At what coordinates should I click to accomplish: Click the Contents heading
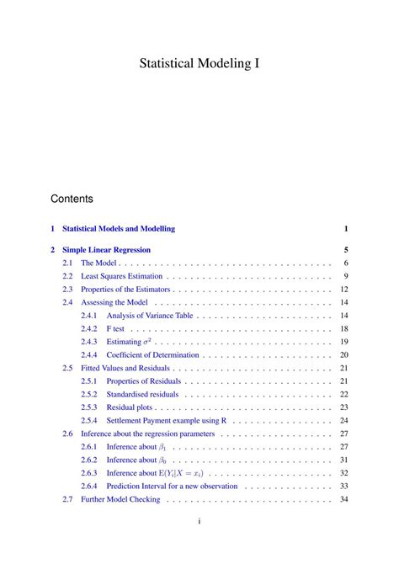tap(72, 200)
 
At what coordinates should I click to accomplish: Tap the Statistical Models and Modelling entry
tap(119, 228)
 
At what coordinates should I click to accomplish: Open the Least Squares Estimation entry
tap(121, 276)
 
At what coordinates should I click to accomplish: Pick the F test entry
tap(115, 329)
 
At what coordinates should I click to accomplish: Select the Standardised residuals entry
tap(142, 394)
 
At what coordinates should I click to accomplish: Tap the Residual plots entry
tap(128, 407)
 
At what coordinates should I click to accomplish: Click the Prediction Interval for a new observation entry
tap(173, 486)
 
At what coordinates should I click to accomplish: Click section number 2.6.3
tap(89, 473)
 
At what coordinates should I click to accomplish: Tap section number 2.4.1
tap(89, 316)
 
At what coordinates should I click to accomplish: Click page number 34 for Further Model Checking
tap(343, 499)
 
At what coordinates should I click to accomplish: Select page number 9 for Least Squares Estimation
tap(345, 276)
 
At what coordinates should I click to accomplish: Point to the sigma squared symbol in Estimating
tap(148, 342)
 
